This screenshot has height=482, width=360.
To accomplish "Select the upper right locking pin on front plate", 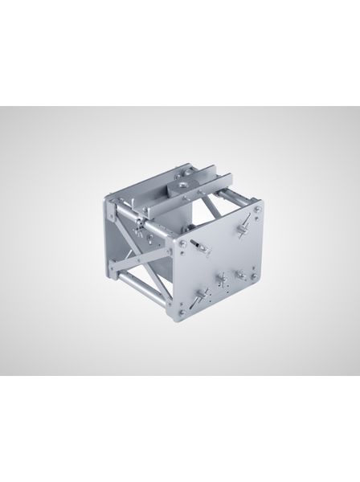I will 239,229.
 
